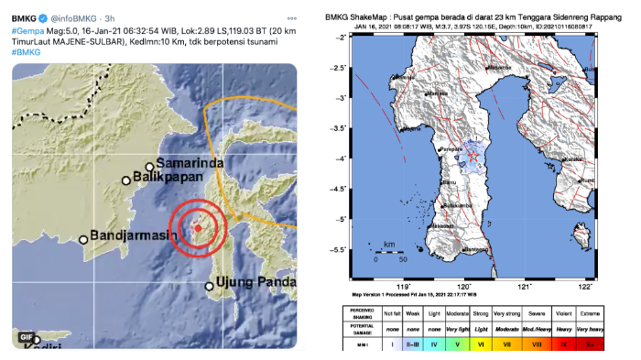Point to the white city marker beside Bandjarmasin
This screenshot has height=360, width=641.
(x=83, y=240)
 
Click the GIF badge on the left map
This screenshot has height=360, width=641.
(x=27, y=338)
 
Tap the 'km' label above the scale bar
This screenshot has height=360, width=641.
(x=389, y=245)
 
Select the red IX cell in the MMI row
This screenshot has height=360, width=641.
(x=564, y=345)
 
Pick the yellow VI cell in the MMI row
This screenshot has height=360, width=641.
(x=482, y=345)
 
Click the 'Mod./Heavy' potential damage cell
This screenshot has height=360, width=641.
(x=537, y=328)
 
